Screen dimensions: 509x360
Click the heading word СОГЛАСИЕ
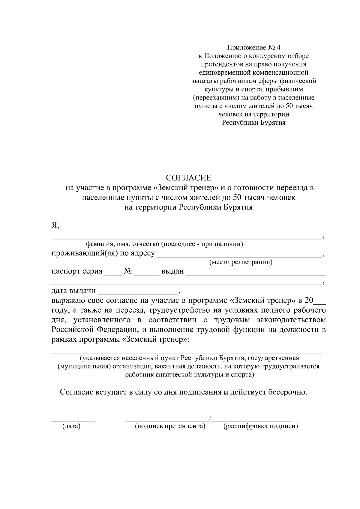point(189,178)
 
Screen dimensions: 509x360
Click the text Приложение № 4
point(254,47)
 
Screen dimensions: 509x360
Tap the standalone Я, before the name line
point(55,225)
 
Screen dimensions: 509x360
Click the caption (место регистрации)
point(241,262)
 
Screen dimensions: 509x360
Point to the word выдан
point(172,272)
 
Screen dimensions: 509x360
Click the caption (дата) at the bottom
point(71,426)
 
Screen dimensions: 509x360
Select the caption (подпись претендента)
point(170,426)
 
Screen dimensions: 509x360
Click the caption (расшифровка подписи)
point(261,426)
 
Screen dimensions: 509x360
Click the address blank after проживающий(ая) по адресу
point(239,256)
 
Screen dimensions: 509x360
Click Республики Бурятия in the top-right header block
point(254,123)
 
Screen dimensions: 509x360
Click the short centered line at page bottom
point(188,455)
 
